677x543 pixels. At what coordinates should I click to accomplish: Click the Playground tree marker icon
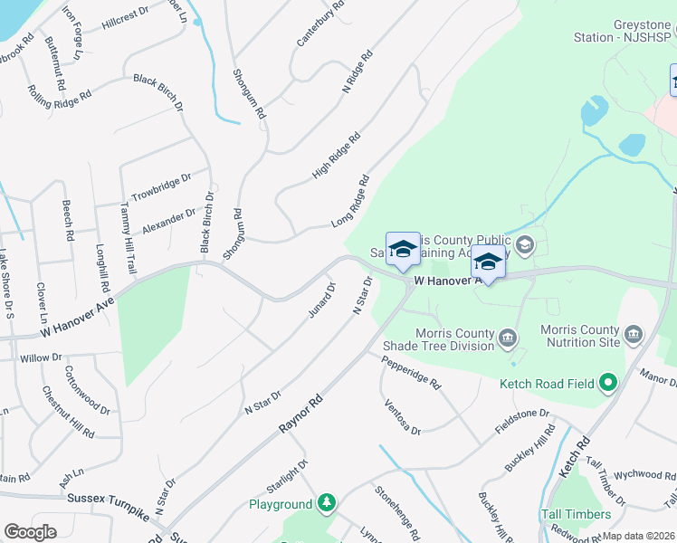coord(326,503)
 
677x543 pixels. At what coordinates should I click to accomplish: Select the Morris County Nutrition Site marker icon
coord(634,337)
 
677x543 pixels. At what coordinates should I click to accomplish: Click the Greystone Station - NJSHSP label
coord(624,31)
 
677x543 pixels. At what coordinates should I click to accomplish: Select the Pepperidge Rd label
coord(410,371)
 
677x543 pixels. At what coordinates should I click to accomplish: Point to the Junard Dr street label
coord(321,300)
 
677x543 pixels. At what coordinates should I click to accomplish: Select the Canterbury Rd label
coord(321,24)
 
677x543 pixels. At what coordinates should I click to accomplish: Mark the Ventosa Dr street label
coord(402,416)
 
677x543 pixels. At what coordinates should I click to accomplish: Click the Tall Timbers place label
coord(576,514)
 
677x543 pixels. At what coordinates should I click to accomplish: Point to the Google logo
coord(30,532)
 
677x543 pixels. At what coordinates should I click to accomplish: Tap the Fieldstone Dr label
coord(522,421)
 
